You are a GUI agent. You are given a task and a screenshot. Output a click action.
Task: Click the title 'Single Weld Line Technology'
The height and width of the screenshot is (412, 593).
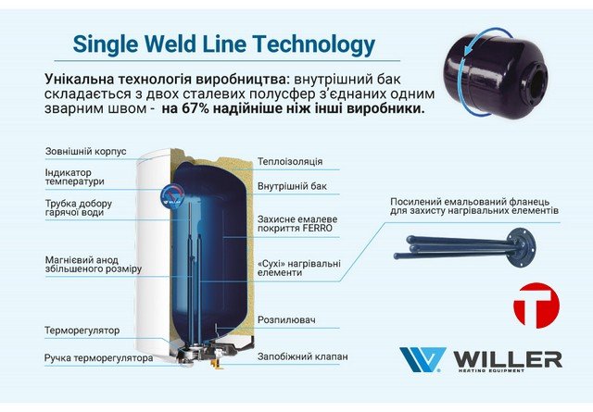pos(223,44)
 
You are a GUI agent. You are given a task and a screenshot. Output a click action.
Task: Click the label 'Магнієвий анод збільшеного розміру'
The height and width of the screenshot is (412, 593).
pos(93,264)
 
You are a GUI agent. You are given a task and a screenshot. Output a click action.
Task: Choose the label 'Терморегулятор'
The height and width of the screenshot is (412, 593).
pos(82,330)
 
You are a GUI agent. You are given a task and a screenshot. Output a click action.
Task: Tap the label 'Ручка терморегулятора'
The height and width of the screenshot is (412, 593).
pos(98,356)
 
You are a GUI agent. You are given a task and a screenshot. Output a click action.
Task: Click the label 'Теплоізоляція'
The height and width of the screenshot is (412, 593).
pos(290,161)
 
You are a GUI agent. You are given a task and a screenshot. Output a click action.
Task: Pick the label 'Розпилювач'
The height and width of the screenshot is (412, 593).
pos(286,320)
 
